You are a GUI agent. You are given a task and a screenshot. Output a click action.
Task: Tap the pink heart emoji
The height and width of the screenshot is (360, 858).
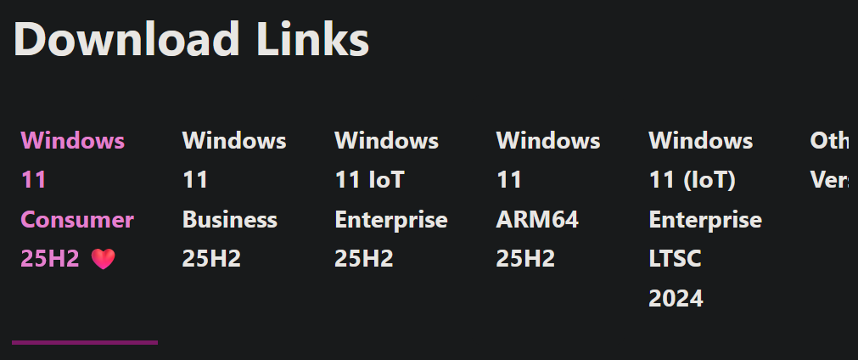(x=103, y=260)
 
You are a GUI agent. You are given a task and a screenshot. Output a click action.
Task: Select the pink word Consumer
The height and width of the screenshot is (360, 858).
(x=77, y=220)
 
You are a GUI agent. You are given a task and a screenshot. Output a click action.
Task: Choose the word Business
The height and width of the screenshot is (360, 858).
(x=230, y=220)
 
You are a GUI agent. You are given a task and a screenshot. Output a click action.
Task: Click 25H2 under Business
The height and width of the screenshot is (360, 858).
(x=211, y=259)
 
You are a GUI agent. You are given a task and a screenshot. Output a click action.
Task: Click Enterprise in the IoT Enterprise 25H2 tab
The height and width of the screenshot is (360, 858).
(x=391, y=220)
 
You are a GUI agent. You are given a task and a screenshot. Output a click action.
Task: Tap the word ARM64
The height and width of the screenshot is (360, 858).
(x=537, y=220)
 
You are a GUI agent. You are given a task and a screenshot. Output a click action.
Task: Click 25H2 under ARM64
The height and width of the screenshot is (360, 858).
(x=525, y=259)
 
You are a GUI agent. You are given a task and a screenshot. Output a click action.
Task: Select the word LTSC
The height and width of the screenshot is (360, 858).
(x=676, y=259)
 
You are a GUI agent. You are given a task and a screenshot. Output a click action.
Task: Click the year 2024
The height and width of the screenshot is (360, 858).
(x=676, y=298)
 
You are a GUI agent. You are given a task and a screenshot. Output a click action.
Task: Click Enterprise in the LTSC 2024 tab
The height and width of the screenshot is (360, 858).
(x=705, y=220)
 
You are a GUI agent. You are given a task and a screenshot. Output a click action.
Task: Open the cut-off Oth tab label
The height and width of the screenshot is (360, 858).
(x=829, y=140)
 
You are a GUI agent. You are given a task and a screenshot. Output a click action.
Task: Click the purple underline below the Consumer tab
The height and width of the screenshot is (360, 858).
(x=85, y=342)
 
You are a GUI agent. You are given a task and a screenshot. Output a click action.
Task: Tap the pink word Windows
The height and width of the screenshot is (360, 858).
(x=73, y=140)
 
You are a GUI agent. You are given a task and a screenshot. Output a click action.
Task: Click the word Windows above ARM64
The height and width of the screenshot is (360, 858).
(x=548, y=140)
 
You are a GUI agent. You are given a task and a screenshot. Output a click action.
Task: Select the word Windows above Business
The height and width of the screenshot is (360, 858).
(x=234, y=140)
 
